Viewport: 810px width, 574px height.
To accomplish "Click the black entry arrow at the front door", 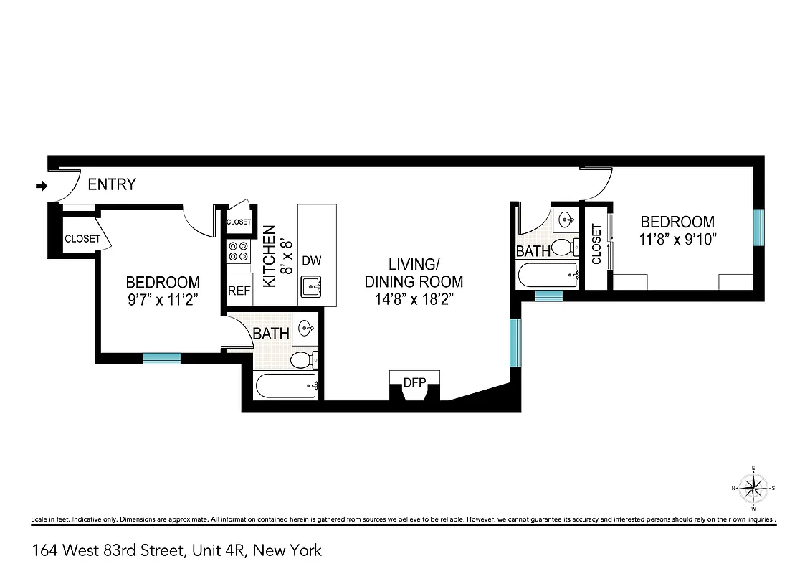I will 42,186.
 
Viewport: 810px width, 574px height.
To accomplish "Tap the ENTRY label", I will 111,184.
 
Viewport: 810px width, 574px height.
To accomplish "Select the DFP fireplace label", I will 414,382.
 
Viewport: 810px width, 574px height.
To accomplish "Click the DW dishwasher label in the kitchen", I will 311,260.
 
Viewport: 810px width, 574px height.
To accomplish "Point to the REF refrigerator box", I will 239,291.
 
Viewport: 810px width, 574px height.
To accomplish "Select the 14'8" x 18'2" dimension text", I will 414,298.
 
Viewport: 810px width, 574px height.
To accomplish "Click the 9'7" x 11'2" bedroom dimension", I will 163,301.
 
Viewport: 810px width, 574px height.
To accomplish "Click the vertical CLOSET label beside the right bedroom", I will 596,245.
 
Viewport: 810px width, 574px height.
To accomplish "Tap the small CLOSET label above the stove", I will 239,222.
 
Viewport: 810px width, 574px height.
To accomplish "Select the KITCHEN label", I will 270,256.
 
